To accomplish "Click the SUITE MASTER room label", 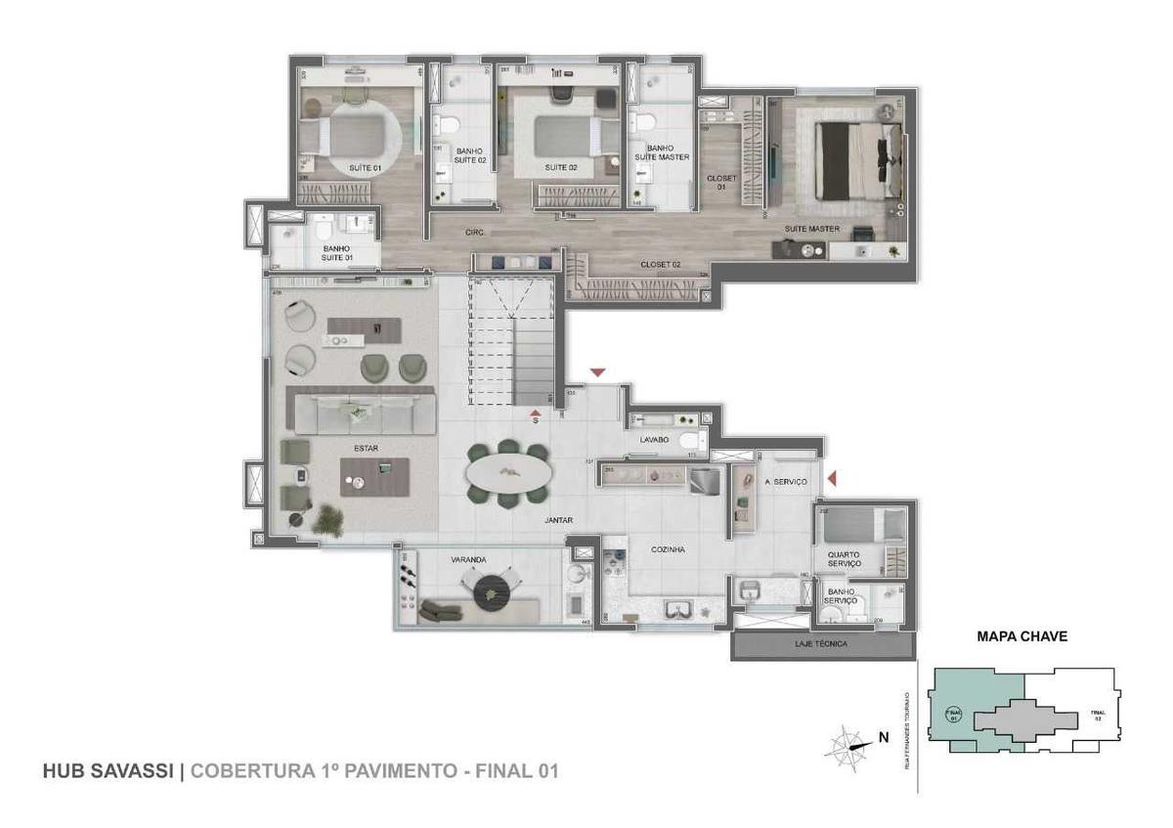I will point(811,229).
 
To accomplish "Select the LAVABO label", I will point(654,440).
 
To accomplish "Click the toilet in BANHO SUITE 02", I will point(447,125).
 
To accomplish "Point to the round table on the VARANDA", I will point(492,589).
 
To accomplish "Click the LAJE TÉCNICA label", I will point(822,645).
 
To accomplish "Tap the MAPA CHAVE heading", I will point(1021,636).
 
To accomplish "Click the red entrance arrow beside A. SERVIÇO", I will point(832,478).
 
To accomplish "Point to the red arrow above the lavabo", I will point(597,372).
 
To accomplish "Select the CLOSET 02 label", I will point(661,265).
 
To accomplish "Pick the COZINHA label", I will point(668,549).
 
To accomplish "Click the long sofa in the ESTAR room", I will point(361,412).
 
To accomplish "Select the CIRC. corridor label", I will point(475,233).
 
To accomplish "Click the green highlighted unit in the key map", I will point(963,709).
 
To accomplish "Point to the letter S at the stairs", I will point(536,422).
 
